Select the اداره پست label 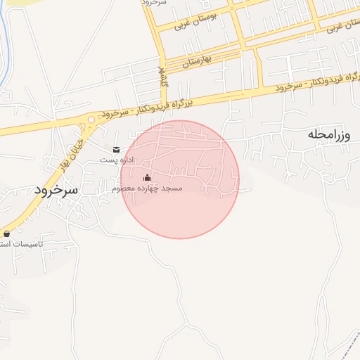(x=116, y=160)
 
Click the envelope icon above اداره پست (x=116, y=150)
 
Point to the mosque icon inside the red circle (x=146, y=178)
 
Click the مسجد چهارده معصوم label (x=147, y=189)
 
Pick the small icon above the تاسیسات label (x=7, y=233)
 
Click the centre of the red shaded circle (x=180, y=179)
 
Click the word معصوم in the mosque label (x=127, y=189)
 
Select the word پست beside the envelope (x=107, y=160)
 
